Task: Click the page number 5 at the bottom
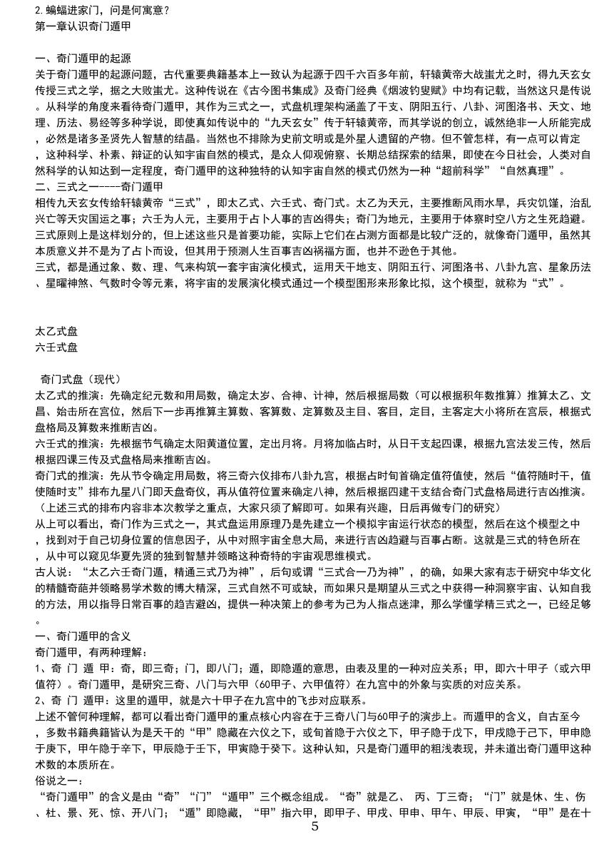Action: click(314, 828)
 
